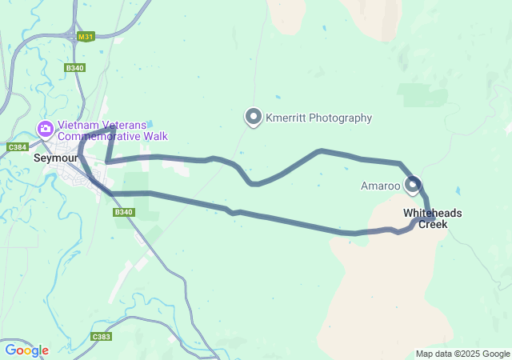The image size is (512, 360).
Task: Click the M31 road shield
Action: click(x=86, y=37)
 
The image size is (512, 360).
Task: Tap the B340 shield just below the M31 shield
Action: click(x=75, y=68)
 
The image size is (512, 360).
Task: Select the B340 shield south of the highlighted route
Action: click(x=122, y=212)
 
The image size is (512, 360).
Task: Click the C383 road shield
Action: click(x=101, y=337)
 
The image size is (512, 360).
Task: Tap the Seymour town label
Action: click(x=54, y=158)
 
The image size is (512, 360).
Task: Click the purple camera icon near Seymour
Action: click(x=46, y=128)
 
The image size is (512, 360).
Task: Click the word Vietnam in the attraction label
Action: click(x=78, y=125)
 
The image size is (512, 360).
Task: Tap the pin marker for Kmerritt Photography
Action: click(x=254, y=117)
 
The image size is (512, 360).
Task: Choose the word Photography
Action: click(x=344, y=118)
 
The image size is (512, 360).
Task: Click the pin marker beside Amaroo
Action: click(x=413, y=185)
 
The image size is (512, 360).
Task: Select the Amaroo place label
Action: click(x=380, y=186)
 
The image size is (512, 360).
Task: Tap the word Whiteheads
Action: click(x=432, y=214)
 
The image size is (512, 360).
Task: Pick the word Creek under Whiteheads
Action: click(x=433, y=225)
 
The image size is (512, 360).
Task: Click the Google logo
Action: click(x=26, y=350)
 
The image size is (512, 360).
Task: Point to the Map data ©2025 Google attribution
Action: click(x=462, y=354)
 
